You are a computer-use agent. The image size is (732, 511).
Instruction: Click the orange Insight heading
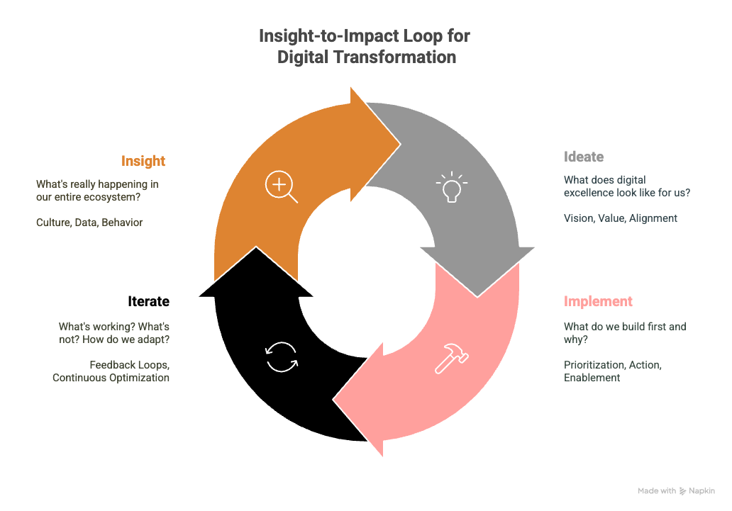(143, 161)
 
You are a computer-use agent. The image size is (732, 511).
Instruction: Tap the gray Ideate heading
(584, 157)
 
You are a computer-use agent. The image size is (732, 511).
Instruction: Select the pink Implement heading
(598, 301)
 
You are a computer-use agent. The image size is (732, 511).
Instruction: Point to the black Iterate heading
(148, 301)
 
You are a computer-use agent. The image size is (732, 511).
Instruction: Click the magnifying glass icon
(281, 186)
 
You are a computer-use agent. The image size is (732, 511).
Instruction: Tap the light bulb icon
(451, 187)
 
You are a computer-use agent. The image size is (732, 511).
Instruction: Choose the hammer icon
(451, 359)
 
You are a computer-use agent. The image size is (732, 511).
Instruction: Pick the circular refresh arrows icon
(282, 357)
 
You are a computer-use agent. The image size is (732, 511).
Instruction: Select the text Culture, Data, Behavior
(89, 223)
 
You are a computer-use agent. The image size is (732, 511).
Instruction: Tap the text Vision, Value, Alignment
(621, 218)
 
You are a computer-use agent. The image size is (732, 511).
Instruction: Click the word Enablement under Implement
(592, 378)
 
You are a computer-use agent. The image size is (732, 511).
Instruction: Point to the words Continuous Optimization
(111, 378)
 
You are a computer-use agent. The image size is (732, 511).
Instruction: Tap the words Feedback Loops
(129, 365)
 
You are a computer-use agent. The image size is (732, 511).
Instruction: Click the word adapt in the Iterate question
(154, 339)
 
